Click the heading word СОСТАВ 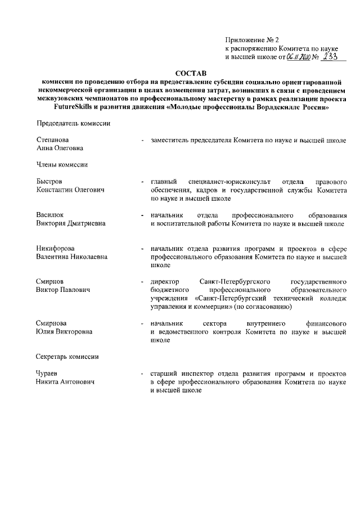coord(191,73)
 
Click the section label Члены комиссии coord(60,165)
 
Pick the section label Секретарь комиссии coord(67,357)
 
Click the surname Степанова coord(52,140)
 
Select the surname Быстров coord(49,182)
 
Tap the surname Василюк coord(50,215)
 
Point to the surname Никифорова coord(55,248)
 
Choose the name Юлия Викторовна coord(64,331)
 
